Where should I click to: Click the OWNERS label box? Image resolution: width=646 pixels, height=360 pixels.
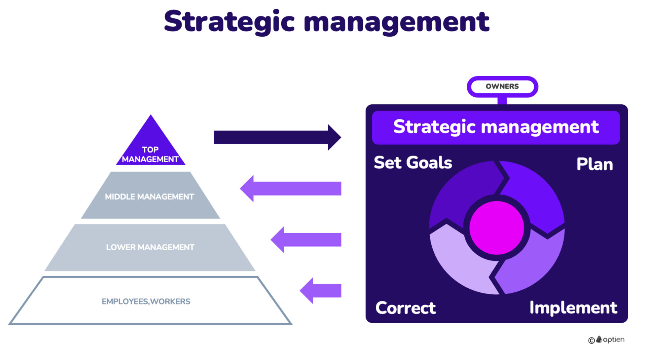click(x=502, y=86)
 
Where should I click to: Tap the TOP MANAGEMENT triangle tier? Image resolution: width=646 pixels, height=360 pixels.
click(x=150, y=148)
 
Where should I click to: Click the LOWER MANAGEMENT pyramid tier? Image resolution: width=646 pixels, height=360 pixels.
click(x=150, y=247)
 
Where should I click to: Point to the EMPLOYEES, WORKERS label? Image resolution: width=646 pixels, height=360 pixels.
click(x=146, y=301)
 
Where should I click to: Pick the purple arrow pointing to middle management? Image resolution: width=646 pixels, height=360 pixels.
click(x=291, y=188)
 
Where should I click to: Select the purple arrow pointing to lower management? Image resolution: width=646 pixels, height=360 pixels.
click(x=306, y=240)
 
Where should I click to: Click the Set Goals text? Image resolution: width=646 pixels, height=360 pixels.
click(x=413, y=163)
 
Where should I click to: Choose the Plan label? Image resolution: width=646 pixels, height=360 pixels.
click(x=595, y=164)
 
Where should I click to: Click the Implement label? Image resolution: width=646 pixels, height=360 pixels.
click(x=573, y=308)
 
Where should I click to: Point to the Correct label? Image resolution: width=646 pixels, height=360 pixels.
click(x=405, y=308)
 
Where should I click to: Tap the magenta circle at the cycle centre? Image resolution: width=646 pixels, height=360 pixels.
click(x=497, y=228)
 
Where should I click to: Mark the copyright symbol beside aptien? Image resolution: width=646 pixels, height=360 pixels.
click(x=591, y=340)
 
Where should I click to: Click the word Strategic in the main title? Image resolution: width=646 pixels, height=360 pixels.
click(x=229, y=22)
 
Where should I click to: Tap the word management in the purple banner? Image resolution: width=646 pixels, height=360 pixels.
click(x=540, y=127)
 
